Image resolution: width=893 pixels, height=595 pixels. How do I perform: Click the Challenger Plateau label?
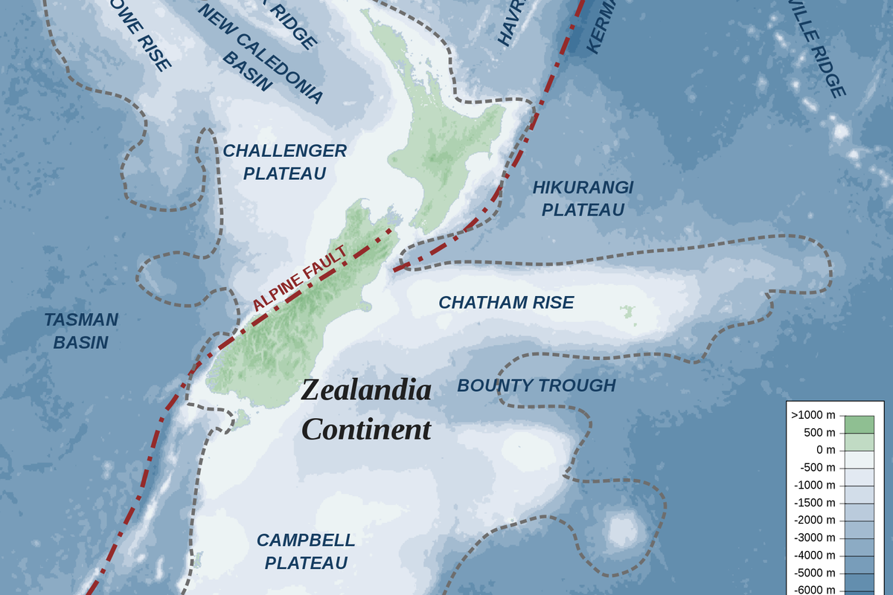284,162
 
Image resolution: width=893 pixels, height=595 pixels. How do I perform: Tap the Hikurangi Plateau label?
583,199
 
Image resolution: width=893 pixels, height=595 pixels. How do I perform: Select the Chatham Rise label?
506,303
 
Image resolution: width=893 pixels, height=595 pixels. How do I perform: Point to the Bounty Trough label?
536,385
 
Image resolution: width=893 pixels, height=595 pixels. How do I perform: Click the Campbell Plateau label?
306,551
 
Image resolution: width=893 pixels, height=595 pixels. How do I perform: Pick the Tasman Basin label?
81,331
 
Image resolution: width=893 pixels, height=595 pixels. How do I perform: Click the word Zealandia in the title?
366,390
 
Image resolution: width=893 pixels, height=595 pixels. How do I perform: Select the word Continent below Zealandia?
367,429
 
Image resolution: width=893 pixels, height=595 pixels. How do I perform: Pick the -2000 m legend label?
815,520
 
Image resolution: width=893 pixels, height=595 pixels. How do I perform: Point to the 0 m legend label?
825,450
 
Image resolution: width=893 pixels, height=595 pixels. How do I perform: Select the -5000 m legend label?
815,573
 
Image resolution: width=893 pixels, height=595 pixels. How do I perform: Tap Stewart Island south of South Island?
240,420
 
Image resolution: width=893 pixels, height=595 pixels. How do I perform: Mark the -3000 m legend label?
815,538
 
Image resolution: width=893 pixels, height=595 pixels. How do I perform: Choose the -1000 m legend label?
815,485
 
